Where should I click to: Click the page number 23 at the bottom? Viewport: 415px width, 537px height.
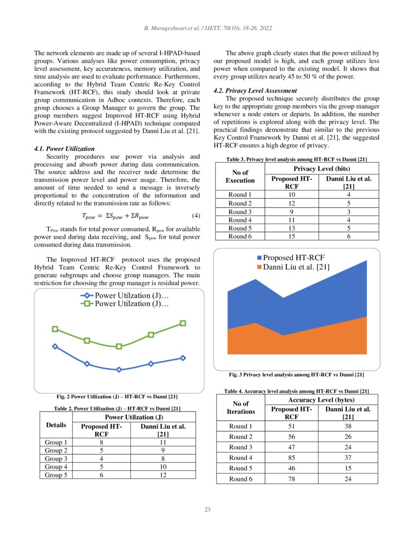(x=207, y=510)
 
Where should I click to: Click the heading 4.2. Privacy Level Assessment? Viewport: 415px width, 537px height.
(x=255, y=90)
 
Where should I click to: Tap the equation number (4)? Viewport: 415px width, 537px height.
(x=194, y=215)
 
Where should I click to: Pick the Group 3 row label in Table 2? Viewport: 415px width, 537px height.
(x=56, y=458)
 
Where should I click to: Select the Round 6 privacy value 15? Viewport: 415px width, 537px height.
(x=291, y=236)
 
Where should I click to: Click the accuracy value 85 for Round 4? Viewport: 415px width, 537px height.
(x=291, y=457)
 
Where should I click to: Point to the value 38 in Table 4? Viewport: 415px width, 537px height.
(x=348, y=426)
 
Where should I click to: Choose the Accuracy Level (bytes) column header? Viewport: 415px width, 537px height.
(x=321, y=400)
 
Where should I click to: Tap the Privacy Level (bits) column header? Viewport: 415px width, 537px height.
(x=321, y=168)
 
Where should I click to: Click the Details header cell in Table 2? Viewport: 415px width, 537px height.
(x=56, y=425)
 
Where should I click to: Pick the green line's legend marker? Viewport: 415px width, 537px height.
(x=88, y=304)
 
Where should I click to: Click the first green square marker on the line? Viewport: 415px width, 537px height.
(x=55, y=329)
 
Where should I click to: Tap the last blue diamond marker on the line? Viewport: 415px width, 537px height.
(x=183, y=358)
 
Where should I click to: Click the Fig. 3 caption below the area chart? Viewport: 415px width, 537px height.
(x=296, y=375)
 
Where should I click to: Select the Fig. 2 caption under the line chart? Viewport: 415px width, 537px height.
(x=117, y=396)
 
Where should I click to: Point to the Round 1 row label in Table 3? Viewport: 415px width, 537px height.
(x=240, y=195)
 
